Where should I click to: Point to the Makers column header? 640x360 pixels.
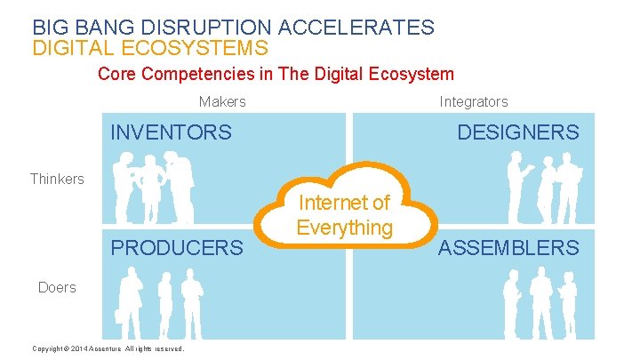[x=222, y=102]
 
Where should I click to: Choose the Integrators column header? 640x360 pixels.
[x=474, y=102]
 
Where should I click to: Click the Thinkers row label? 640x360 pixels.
[x=57, y=179]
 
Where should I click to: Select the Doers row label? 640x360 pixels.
[x=57, y=287]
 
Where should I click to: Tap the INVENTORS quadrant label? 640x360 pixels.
[x=171, y=133]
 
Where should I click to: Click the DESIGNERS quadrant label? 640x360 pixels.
[x=517, y=133]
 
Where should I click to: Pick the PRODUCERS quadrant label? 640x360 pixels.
[x=176, y=248]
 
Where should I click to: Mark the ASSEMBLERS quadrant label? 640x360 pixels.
[x=508, y=248]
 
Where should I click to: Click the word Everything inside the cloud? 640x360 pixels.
[x=345, y=228]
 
